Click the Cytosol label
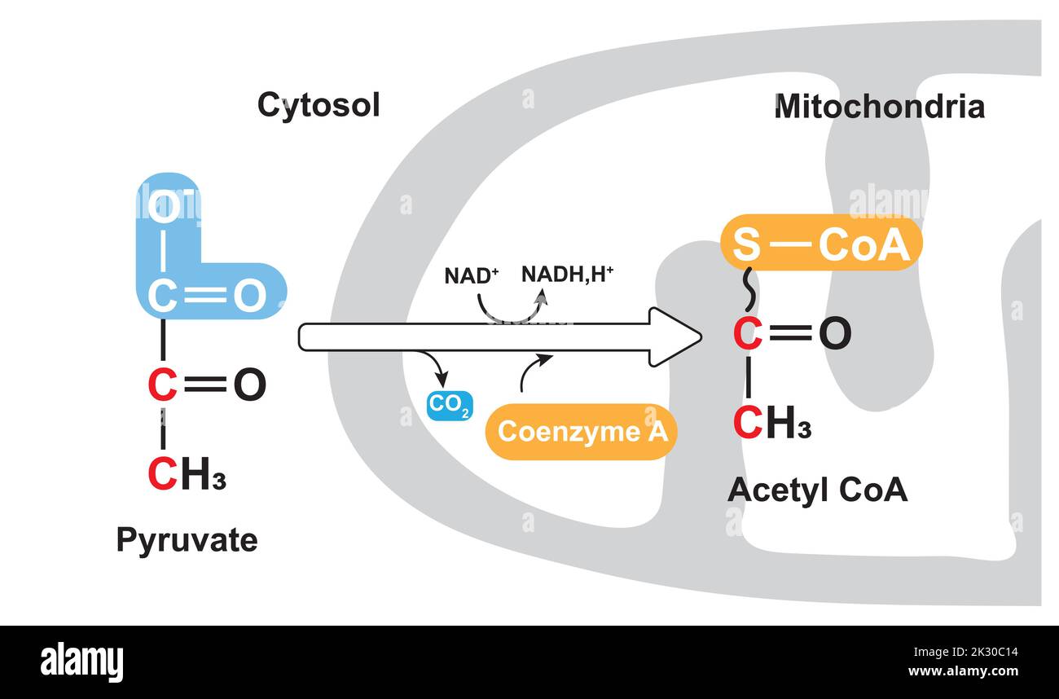click(319, 106)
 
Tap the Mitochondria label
click(879, 107)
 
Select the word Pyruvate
click(187, 541)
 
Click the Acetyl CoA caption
click(817, 490)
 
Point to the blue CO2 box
click(450, 406)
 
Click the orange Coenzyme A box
click(582, 431)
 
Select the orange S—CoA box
click(821, 243)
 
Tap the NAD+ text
click(472, 275)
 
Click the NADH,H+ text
click(567, 275)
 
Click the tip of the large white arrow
click(701, 337)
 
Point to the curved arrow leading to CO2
click(435, 365)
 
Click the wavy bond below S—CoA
click(749, 289)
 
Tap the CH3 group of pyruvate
click(187, 473)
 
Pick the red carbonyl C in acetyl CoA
click(748, 334)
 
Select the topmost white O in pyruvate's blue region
click(164, 206)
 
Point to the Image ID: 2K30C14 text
click(965, 653)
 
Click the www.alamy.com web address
click(963, 671)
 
